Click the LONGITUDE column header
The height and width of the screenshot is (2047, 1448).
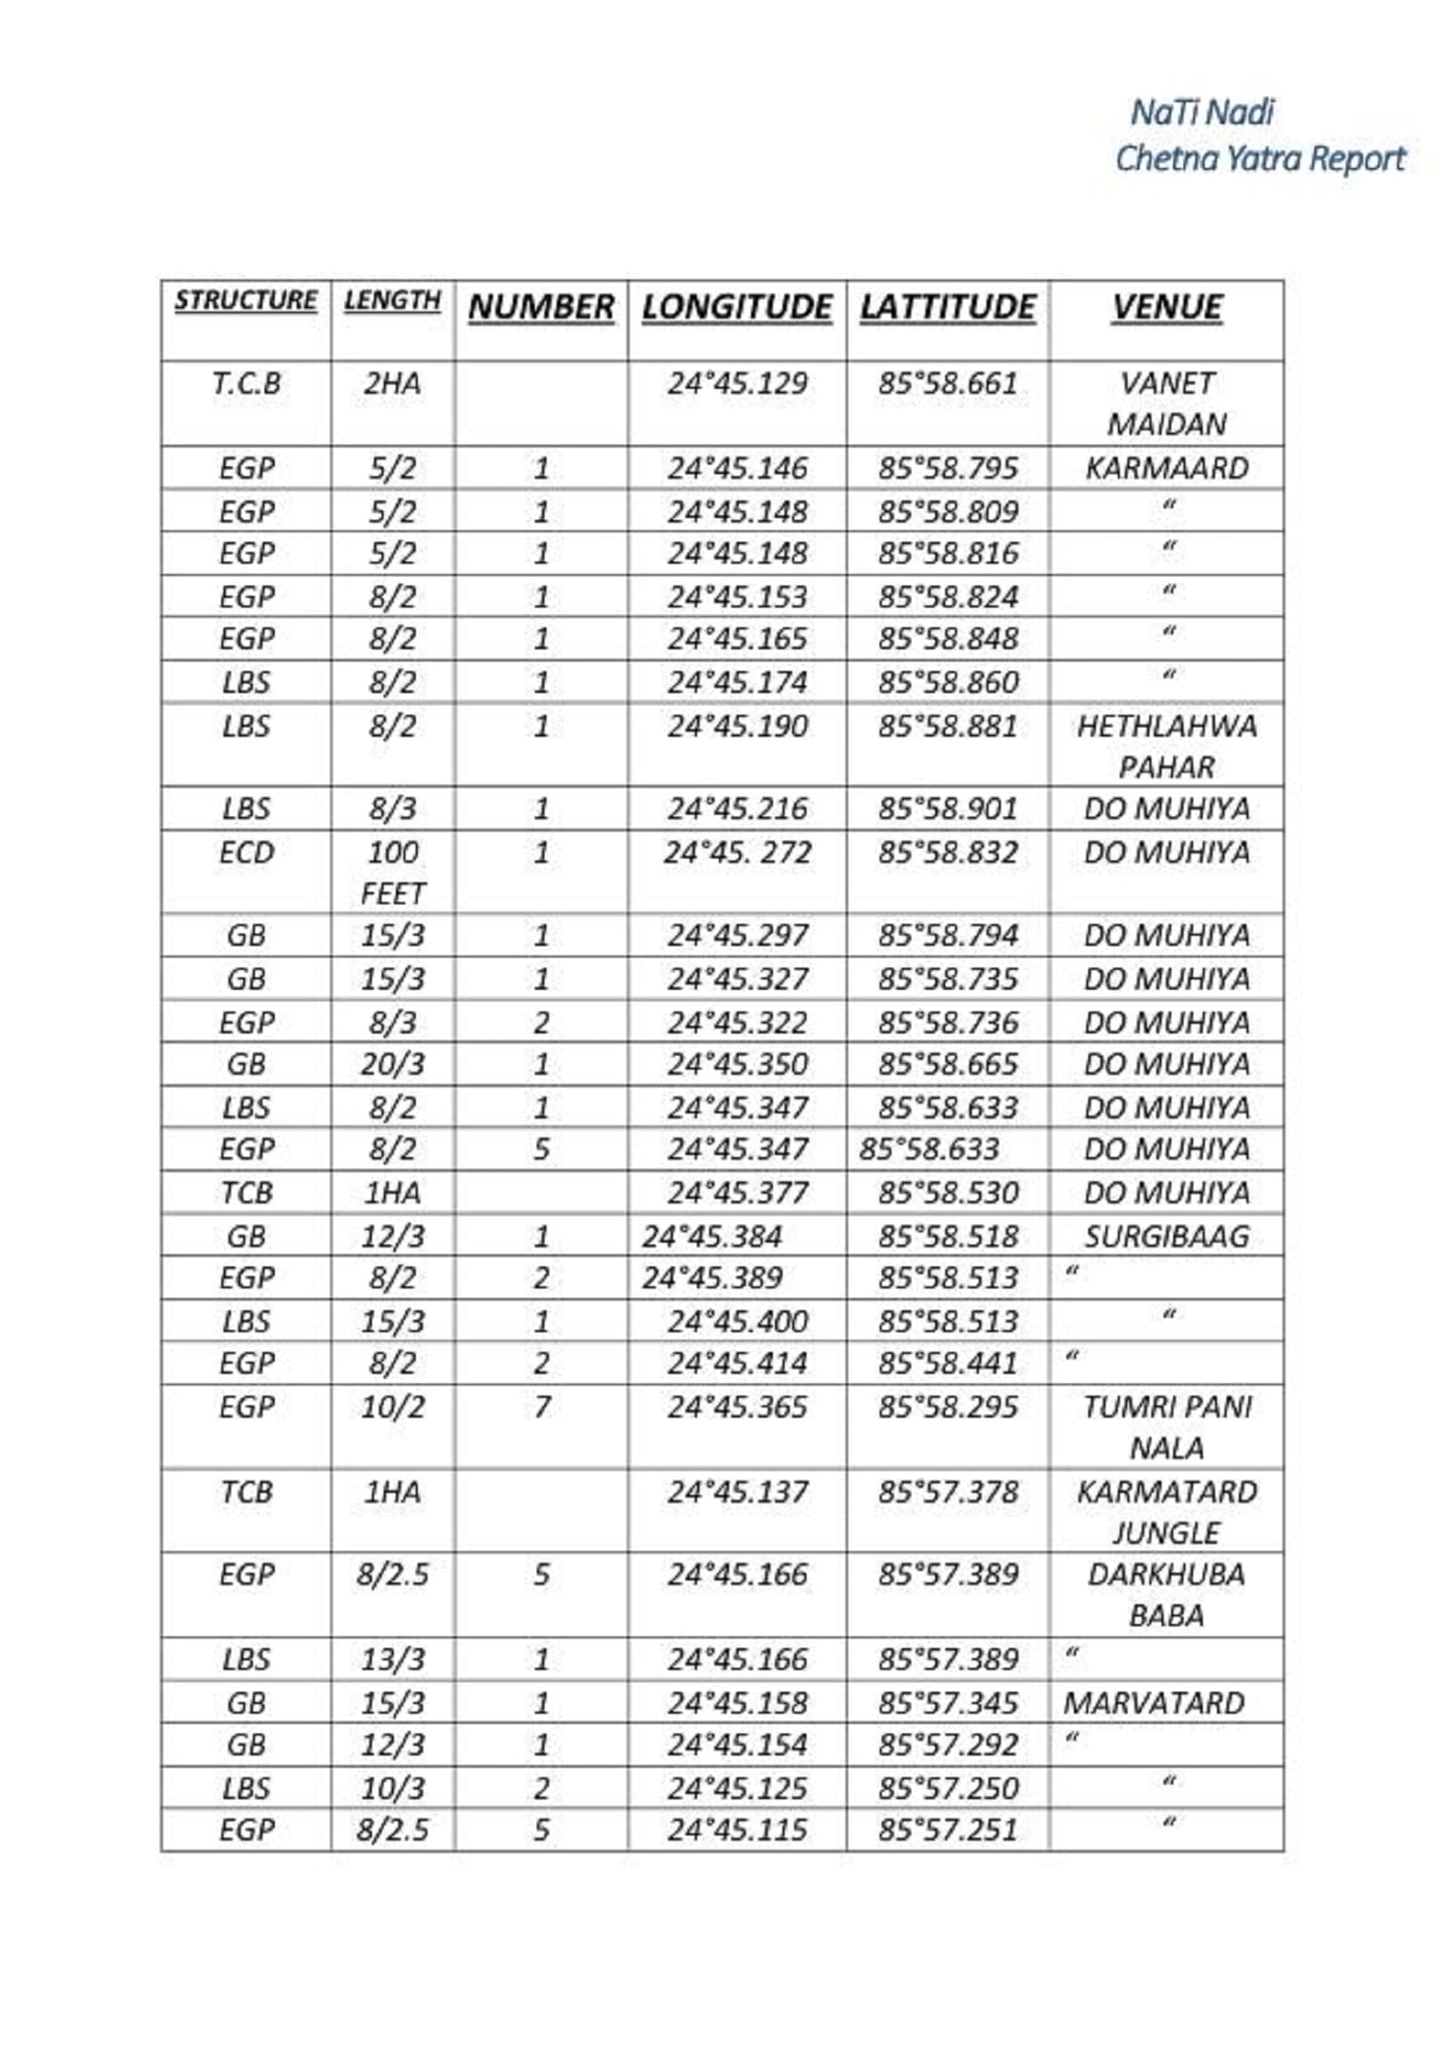[x=736, y=307]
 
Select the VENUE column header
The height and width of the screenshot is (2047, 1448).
[x=1166, y=307]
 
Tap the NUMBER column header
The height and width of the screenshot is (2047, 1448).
[x=540, y=307]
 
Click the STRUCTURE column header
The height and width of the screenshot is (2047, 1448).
[x=245, y=300]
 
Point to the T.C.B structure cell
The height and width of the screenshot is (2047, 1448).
[x=246, y=384]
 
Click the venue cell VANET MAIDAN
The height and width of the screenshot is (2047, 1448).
[x=1166, y=403]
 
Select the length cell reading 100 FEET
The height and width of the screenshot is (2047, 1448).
[x=392, y=873]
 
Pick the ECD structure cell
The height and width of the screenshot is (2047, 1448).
[x=246, y=853]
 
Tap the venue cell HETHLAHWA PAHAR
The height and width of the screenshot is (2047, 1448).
[x=1166, y=747]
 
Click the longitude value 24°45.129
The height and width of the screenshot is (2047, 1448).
[x=736, y=384]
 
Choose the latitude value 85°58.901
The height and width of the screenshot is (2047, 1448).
[x=948, y=810]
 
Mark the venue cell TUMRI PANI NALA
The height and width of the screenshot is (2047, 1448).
[x=1166, y=1427]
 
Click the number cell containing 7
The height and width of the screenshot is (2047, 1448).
[x=540, y=1408]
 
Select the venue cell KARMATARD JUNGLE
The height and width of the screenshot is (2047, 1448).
[x=1166, y=1512]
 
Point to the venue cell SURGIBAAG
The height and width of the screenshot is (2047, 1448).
[x=1166, y=1237]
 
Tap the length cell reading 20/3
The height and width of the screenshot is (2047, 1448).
[x=392, y=1064]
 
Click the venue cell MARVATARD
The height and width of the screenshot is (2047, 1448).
[x=1153, y=1704]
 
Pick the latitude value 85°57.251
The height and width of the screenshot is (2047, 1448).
[x=948, y=1830]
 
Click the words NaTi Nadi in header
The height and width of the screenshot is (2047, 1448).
[x=1202, y=113]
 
